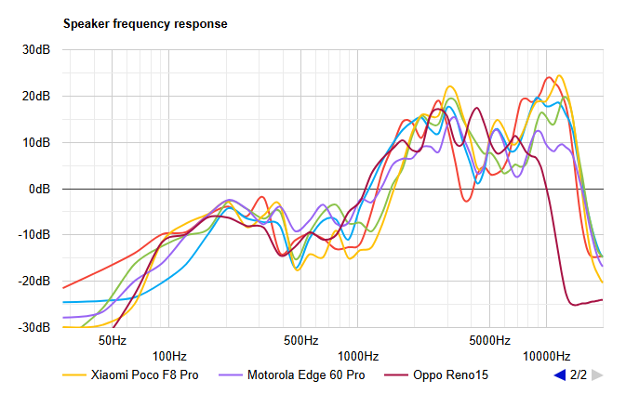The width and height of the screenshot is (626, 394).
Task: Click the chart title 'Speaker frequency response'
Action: [x=144, y=23]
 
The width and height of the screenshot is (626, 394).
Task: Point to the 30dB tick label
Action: [x=35, y=49]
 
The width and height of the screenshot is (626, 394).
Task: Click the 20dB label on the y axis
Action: [x=35, y=96]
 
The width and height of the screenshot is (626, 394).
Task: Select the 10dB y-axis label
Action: [x=35, y=142]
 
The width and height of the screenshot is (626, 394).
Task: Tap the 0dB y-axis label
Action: [x=38, y=189]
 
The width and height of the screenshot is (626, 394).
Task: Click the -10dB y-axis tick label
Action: [x=33, y=235]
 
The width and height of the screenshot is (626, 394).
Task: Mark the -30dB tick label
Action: [x=33, y=327]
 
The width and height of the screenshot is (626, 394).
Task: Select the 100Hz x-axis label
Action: [x=168, y=355]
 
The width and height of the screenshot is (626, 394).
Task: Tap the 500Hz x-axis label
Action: [x=300, y=340]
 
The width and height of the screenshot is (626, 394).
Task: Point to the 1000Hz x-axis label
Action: [x=357, y=355]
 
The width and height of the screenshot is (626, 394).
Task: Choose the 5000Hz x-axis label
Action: [x=489, y=340]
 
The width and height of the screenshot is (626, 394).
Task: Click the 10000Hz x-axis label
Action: [x=546, y=355]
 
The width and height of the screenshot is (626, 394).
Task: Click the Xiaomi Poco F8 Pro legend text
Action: [x=145, y=375]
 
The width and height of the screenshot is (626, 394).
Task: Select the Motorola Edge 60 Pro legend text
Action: [x=306, y=375]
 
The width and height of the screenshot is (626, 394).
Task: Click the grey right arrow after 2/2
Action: [x=598, y=375]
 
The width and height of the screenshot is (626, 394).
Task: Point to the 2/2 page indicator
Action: [x=579, y=375]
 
